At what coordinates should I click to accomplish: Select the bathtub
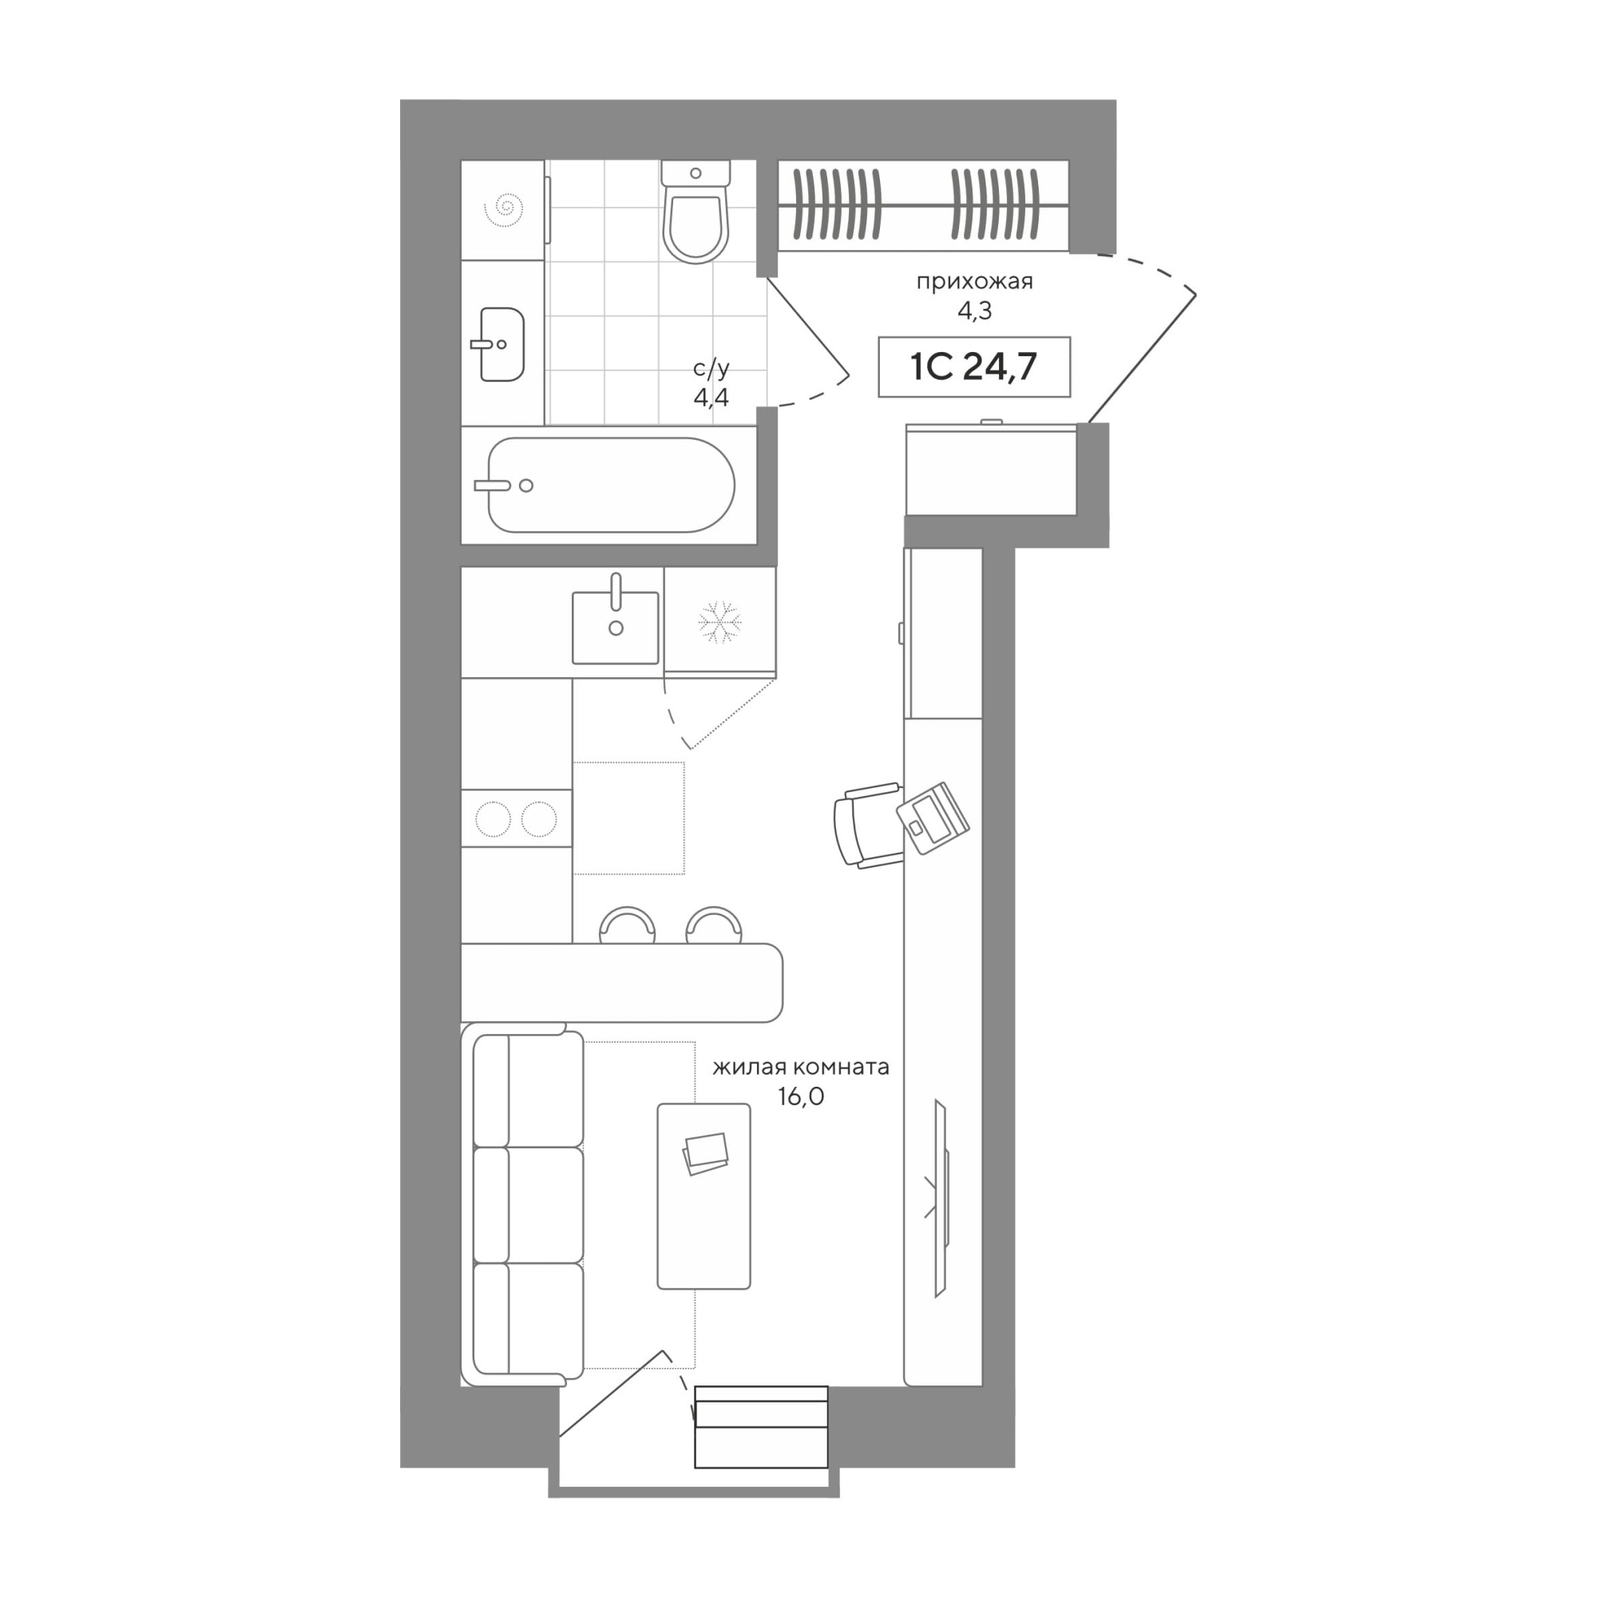(611, 485)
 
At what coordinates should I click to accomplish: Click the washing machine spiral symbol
(503, 210)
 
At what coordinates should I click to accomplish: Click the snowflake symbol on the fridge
(720, 621)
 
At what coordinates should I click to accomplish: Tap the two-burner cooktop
(517, 818)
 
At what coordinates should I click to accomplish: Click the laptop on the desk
(933, 818)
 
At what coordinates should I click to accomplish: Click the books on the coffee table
(705, 1153)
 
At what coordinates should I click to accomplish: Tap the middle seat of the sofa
(528, 1204)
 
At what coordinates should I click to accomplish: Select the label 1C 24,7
(973, 367)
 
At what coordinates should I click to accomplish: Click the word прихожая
(974, 282)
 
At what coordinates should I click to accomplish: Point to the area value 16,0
(801, 1096)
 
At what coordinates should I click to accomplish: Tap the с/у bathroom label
(711, 368)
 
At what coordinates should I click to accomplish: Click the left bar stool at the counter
(628, 925)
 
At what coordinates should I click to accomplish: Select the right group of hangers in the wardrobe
(995, 204)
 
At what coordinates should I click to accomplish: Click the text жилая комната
(801, 1066)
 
